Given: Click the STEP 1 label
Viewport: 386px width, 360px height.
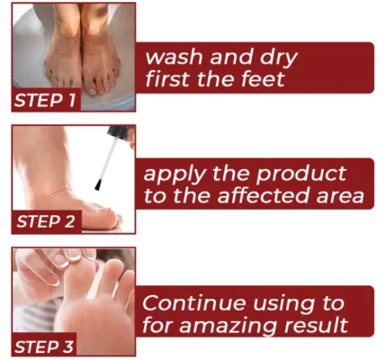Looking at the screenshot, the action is click(x=45, y=100).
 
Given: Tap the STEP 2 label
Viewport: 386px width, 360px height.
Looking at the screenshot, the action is click(x=46, y=222).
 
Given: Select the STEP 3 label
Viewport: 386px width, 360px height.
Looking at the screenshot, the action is click(x=44, y=347).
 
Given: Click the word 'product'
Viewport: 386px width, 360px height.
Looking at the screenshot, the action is click(x=301, y=175).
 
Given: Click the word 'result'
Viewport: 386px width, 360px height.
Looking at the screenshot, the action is click(x=316, y=325).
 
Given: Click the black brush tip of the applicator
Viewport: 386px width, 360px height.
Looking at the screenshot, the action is click(x=98, y=184).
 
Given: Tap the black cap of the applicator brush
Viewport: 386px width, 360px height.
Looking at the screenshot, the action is click(x=118, y=133).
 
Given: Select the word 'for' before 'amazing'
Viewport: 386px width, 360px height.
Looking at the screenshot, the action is click(x=157, y=325).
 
